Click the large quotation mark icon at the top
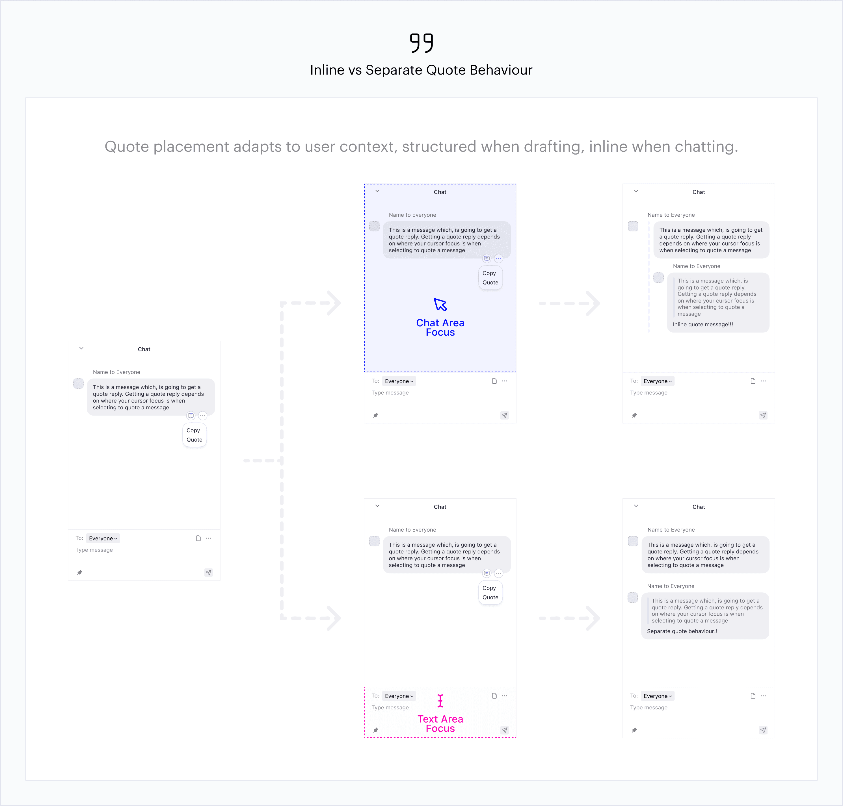(x=421, y=43)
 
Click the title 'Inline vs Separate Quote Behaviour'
(x=421, y=70)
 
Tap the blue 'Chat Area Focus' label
(x=440, y=327)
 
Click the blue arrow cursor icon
(x=440, y=305)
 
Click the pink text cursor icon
(x=440, y=701)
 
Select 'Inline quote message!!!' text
(x=703, y=324)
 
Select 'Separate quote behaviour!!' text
(x=682, y=631)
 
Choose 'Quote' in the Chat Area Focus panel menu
(x=490, y=282)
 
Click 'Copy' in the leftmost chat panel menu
(x=193, y=430)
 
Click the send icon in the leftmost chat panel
(x=209, y=572)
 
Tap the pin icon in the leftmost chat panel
(x=79, y=572)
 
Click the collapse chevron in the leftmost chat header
(x=81, y=348)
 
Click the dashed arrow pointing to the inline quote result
(x=570, y=303)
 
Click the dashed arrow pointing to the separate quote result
(x=570, y=618)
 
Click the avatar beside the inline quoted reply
(x=658, y=277)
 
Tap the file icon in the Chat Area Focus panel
(x=494, y=381)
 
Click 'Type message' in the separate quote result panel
(x=649, y=708)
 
